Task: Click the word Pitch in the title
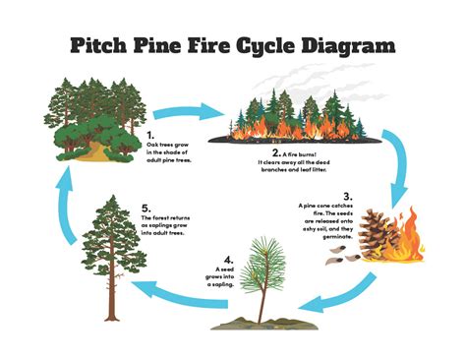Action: pyautogui.click(x=103, y=46)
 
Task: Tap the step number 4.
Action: pyautogui.click(x=228, y=259)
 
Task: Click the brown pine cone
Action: pyautogui.click(x=375, y=236)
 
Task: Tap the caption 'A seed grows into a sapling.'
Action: pyautogui.click(x=227, y=275)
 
